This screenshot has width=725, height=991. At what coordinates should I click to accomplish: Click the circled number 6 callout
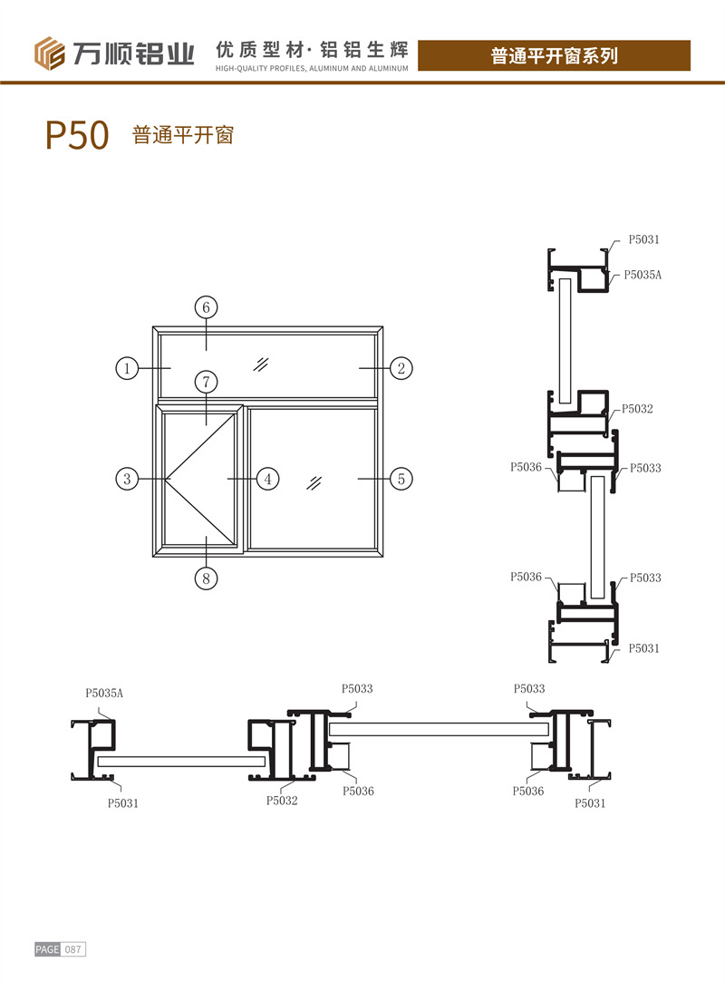pyautogui.click(x=206, y=307)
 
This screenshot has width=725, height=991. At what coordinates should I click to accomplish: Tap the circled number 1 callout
pyautogui.click(x=128, y=368)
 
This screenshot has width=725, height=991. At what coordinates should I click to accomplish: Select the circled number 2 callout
pyautogui.click(x=401, y=368)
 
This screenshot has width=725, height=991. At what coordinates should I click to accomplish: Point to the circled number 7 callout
pyautogui.click(x=206, y=383)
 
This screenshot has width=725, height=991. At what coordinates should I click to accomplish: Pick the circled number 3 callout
pyautogui.click(x=128, y=478)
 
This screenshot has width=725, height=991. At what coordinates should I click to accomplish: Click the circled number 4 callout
pyautogui.click(x=266, y=478)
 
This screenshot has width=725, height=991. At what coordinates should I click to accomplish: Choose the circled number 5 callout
pyautogui.click(x=401, y=478)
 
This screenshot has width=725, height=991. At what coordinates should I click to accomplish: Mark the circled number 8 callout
pyautogui.click(x=206, y=578)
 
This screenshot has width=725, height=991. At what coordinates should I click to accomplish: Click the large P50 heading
pyautogui.click(x=77, y=136)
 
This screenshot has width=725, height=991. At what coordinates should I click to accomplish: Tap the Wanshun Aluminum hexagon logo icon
pyautogui.click(x=50, y=53)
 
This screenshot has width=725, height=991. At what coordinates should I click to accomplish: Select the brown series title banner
pyautogui.click(x=554, y=55)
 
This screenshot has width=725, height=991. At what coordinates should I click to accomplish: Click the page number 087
pyautogui.click(x=73, y=949)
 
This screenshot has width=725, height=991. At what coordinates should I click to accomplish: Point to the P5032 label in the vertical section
pyautogui.click(x=638, y=410)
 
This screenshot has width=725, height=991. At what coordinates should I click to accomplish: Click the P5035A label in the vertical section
pyautogui.click(x=643, y=274)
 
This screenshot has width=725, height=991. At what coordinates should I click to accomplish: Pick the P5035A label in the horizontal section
pyautogui.click(x=104, y=694)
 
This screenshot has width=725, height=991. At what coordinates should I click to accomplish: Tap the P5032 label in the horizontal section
pyautogui.click(x=282, y=801)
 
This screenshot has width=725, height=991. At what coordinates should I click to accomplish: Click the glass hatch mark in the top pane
pyautogui.click(x=263, y=364)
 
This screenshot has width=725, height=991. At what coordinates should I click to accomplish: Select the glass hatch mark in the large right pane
pyautogui.click(x=314, y=481)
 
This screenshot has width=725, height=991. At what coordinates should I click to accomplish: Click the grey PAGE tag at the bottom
pyautogui.click(x=47, y=949)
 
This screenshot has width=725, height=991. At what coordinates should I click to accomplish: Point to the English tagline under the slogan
pyautogui.click(x=312, y=68)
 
